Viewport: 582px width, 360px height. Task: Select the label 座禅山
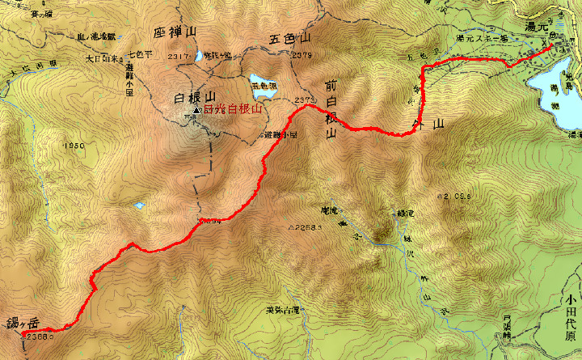coord(174,32)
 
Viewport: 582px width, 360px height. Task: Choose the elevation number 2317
coord(179,56)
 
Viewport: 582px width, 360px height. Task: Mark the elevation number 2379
coord(304,54)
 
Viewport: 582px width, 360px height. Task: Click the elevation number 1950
coord(73,146)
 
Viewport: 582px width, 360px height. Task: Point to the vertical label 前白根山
coord(331,109)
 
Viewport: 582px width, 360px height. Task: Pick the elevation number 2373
coord(306,100)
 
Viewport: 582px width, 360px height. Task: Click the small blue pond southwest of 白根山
coord(138,205)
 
